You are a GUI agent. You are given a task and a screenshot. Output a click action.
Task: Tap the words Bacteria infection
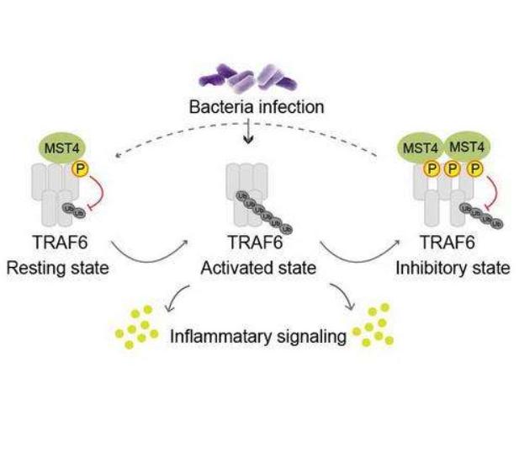click(257, 107)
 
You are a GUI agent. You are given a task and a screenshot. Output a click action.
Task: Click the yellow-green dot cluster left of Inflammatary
click(137, 330)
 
